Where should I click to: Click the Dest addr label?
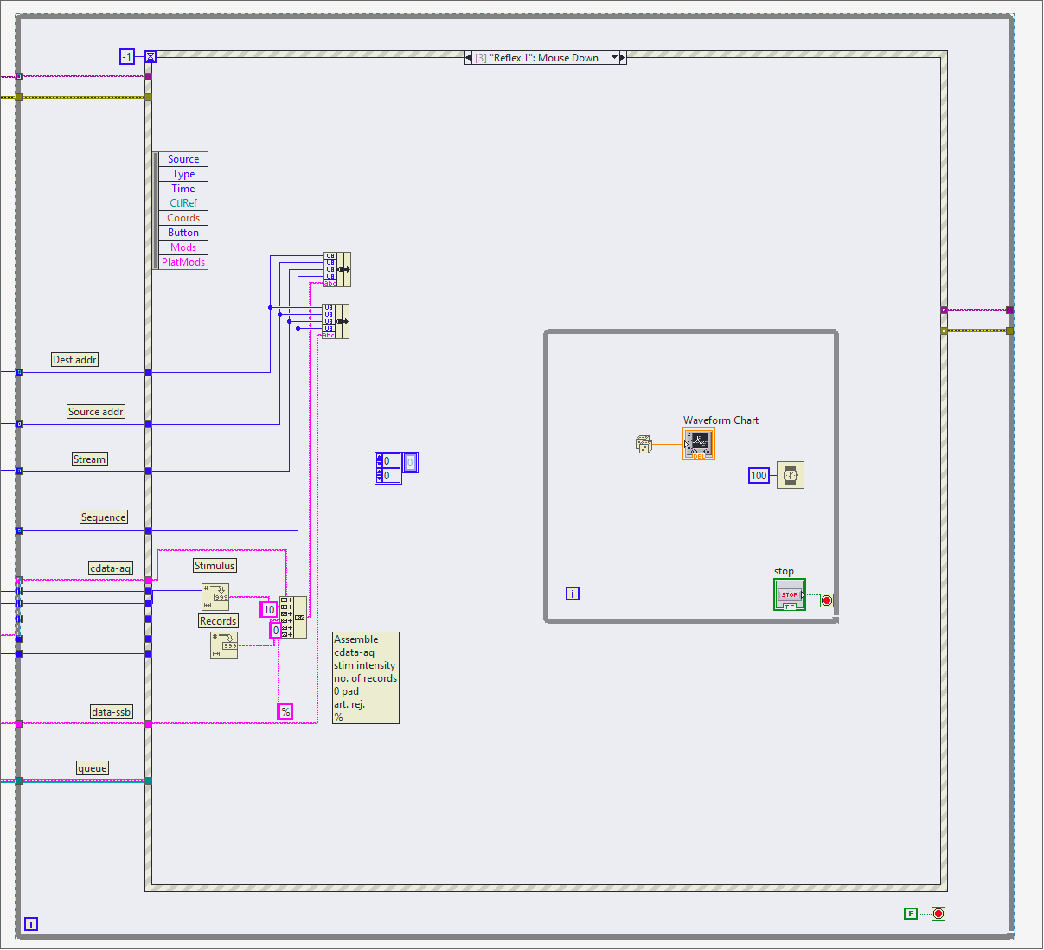74,359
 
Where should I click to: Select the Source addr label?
96,411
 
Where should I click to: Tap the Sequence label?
103,517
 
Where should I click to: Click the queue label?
92,768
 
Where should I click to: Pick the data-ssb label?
111,712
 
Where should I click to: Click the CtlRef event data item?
183,203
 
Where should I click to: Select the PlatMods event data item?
183,262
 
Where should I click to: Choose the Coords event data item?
183,218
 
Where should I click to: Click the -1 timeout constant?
127,57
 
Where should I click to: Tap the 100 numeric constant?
759,475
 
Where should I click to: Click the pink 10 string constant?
269,610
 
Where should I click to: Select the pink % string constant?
285,712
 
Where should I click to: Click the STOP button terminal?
789,595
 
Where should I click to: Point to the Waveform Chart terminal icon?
698,444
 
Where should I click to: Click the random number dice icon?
644,444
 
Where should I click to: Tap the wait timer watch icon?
790,475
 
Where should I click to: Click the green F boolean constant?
910,914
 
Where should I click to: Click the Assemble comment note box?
365,677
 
